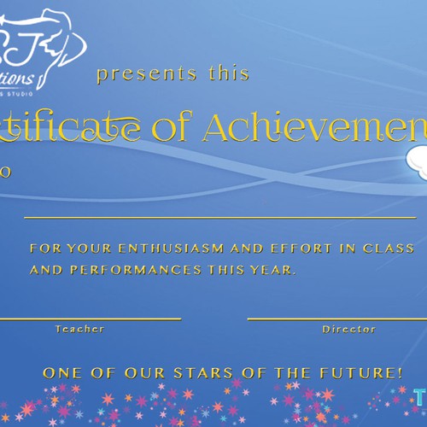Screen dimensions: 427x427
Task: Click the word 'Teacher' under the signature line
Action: (x=79, y=329)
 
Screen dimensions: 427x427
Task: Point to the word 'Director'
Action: (x=348, y=329)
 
